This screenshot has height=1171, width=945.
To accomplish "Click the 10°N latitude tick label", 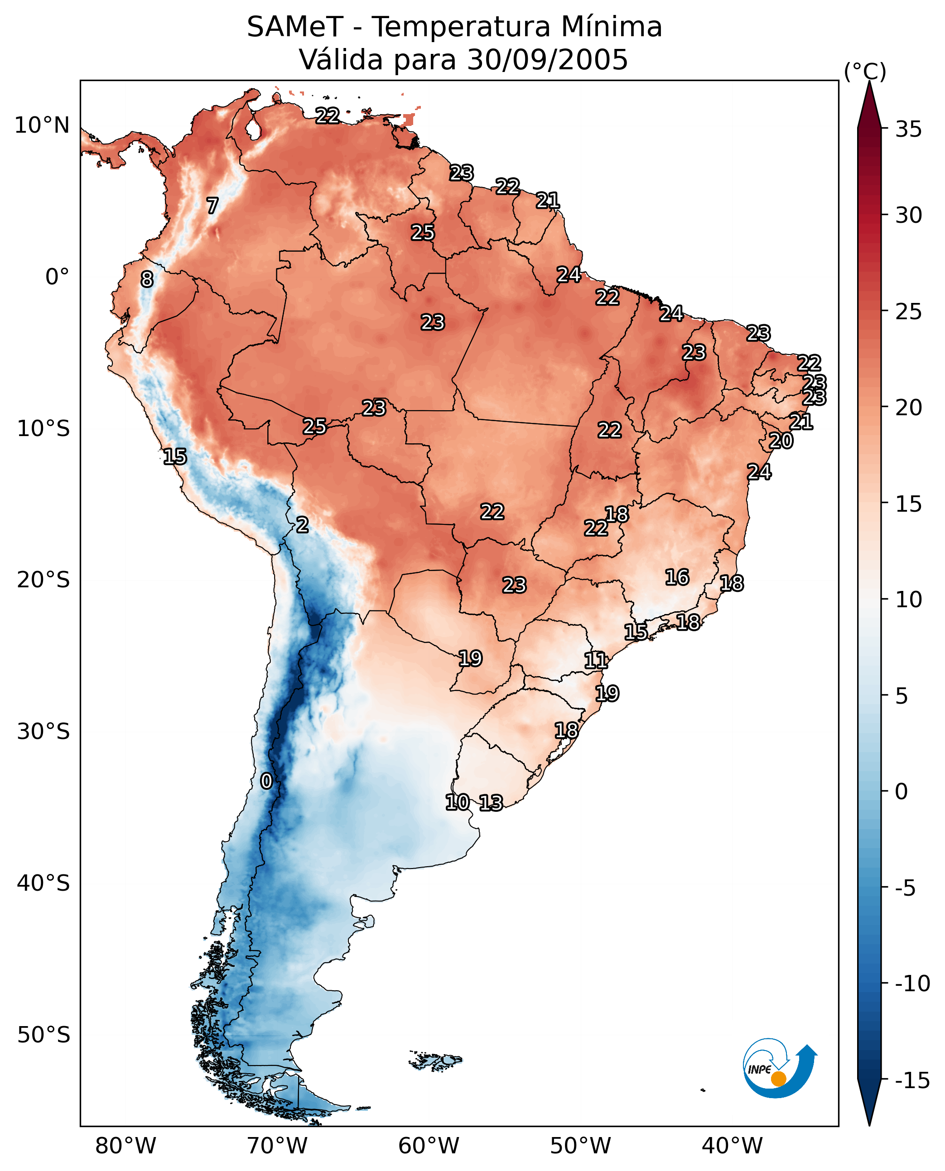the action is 42,126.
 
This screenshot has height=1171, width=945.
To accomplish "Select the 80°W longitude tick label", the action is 126,1146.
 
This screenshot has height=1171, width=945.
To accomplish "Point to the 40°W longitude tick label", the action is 732,1146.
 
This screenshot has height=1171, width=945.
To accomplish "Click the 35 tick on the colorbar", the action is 908,130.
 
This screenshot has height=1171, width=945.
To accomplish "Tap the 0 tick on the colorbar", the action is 902,792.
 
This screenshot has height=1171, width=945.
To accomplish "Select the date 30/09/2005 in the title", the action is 548,59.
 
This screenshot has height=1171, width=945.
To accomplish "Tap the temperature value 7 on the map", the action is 212,206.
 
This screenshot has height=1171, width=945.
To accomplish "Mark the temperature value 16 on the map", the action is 677,577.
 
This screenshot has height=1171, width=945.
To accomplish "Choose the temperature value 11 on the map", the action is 596,661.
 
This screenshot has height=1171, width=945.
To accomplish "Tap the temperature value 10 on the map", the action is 457,802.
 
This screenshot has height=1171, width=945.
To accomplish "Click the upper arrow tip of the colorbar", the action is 869,82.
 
